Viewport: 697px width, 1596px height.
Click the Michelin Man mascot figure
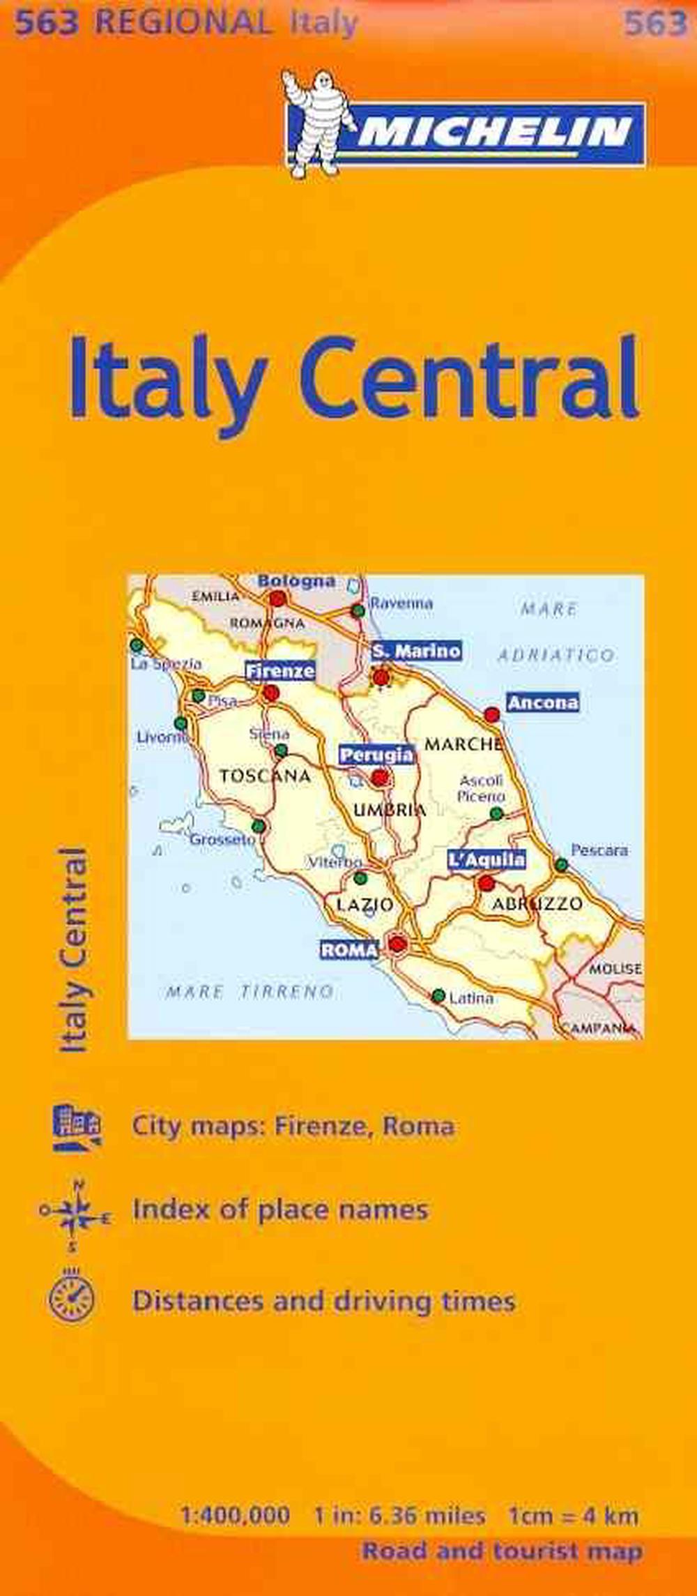click(x=309, y=122)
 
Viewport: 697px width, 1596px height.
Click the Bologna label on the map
click(x=296, y=581)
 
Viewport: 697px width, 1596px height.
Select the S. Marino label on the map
click(x=416, y=651)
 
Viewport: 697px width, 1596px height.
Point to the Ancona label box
click(x=543, y=702)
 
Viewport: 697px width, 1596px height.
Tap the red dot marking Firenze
click(x=270, y=693)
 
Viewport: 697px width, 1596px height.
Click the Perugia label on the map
click(x=376, y=755)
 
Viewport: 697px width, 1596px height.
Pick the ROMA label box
click(x=349, y=949)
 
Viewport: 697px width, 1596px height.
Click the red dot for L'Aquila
click(x=487, y=884)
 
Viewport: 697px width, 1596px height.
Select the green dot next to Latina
click(x=438, y=995)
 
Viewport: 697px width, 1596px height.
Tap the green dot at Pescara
click(x=561, y=865)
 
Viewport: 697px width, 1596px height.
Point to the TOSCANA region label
click(x=265, y=776)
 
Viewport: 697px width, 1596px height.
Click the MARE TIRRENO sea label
click(x=250, y=991)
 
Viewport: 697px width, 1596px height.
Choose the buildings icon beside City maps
click(x=77, y=1127)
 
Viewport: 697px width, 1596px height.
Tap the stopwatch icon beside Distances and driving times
click(x=71, y=1297)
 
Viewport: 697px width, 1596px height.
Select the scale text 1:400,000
click(x=235, y=1491)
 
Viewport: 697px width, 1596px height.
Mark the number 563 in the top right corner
click(x=655, y=24)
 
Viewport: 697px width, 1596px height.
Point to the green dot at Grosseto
click(x=259, y=827)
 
